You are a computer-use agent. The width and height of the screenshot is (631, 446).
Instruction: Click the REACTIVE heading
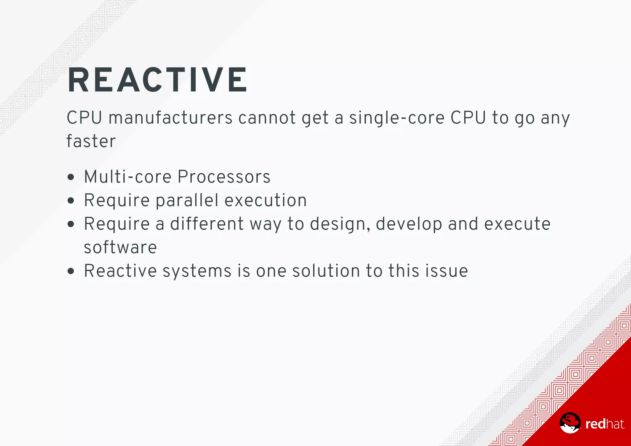coord(157,80)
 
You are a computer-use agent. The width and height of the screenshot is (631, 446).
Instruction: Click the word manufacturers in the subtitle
coord(170,118)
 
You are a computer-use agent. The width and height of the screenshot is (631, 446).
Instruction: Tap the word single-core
coord(397,118)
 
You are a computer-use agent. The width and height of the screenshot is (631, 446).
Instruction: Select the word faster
coord(91,141)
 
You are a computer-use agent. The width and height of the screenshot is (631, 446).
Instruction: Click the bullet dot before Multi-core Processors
coord(71,177)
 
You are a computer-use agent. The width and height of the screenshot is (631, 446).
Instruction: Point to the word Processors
coord(224,177)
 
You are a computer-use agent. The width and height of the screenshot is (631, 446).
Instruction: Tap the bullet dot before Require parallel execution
coord(71,201)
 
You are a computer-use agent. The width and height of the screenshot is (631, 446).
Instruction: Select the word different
coord(207,224)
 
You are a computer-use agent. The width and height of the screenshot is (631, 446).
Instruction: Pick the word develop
coord(409,224)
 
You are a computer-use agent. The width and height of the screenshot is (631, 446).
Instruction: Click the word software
coord(120,248)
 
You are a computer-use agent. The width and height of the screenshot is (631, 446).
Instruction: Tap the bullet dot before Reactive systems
coord(71,271)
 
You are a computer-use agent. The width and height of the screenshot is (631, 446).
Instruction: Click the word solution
coord(326,271)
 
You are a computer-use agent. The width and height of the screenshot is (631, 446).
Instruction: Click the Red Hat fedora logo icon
coord(570,423)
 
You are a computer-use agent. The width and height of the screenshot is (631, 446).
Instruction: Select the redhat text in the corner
coord(605,424)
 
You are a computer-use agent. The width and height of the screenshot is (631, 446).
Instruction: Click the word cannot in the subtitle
coord(267,118)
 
